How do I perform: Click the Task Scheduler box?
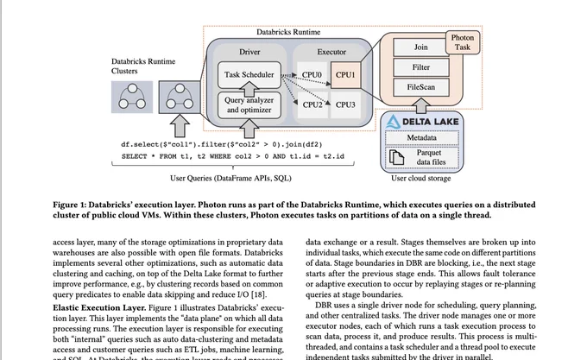tap(249, 75)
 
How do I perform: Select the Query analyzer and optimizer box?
tap(249, 105)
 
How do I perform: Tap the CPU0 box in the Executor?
tap(312, 75)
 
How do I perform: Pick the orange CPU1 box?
tap(345, 75)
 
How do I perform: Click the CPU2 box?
tap(312, 104)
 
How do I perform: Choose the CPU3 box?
tap(345, 104)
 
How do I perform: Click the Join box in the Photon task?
tap(420, 47)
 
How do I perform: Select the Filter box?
tap(420, 67)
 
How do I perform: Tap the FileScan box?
tap(420, 87)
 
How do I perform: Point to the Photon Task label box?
tap(463, 42)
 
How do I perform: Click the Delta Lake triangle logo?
tap(393, 122)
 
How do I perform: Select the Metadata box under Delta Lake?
tap(421, 138)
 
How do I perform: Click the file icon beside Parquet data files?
tap(396, 157)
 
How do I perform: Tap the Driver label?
tap(249, 52)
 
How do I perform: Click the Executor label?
tap(331, 52)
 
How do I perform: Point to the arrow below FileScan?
tap(421, 105)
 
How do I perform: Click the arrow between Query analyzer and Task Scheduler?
tap(249, 89)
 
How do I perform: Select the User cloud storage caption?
tap(420, 179)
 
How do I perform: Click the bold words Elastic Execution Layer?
tap(99, 308)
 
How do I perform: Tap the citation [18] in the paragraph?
tap(258, 294)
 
